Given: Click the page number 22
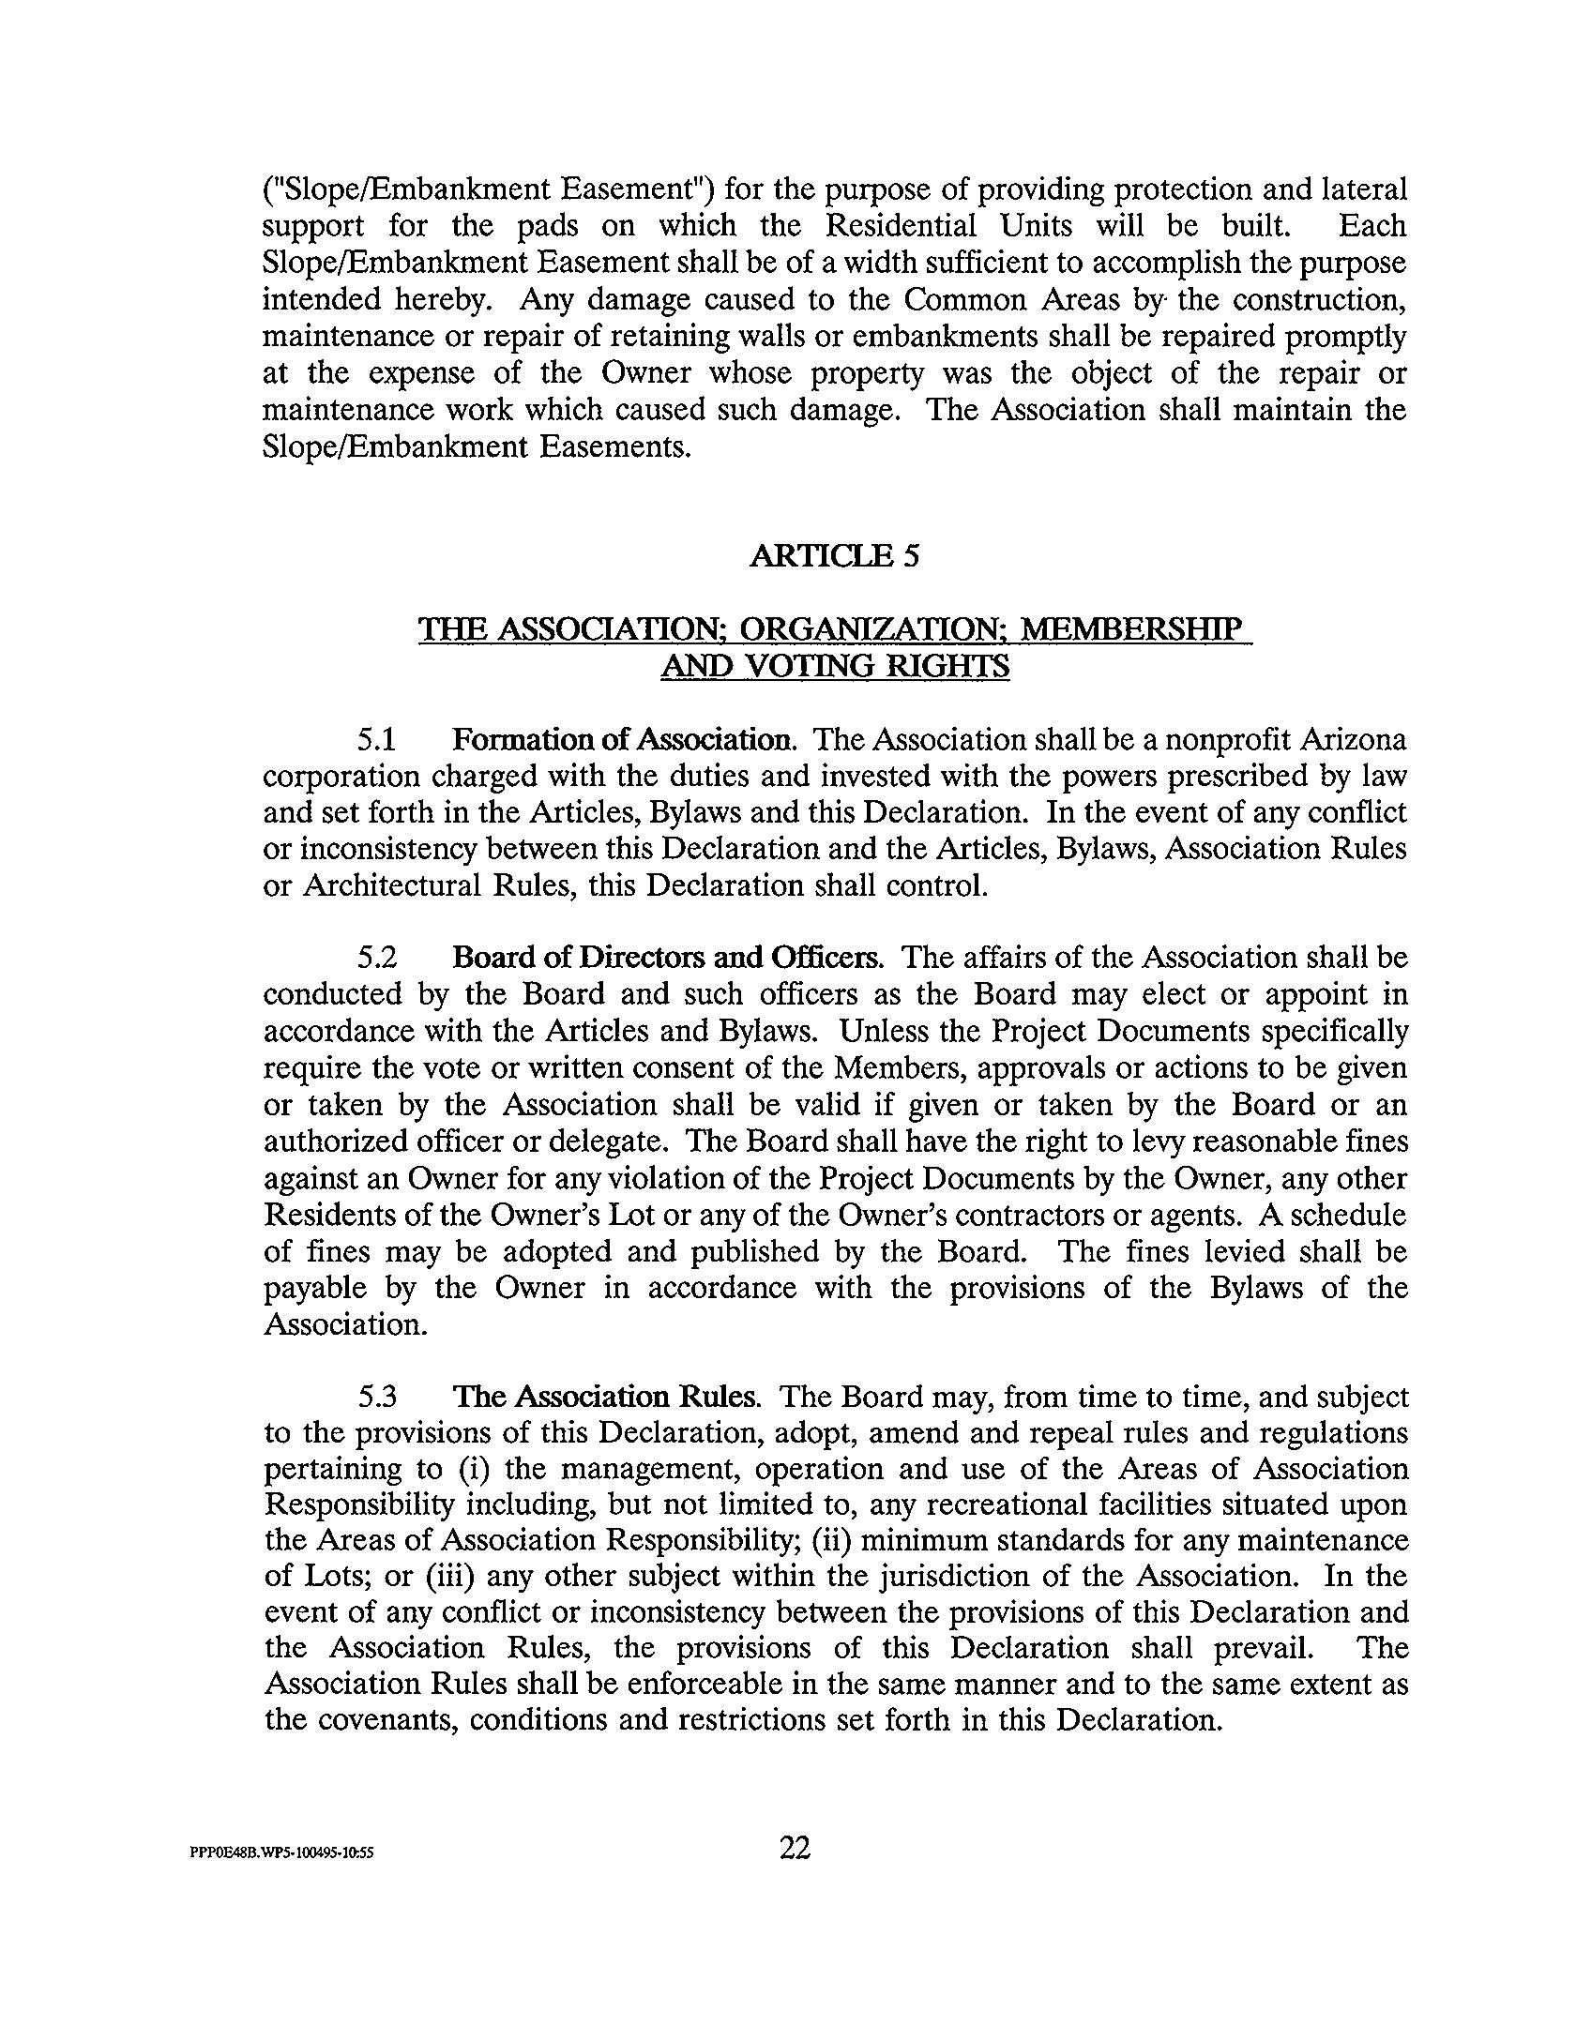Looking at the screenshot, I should (795, 1848).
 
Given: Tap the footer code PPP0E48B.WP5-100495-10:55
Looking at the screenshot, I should (282, 1852).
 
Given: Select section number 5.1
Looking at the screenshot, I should (376, 740).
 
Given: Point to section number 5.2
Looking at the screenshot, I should (376, 958).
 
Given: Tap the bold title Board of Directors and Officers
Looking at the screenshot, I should (667, 958).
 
